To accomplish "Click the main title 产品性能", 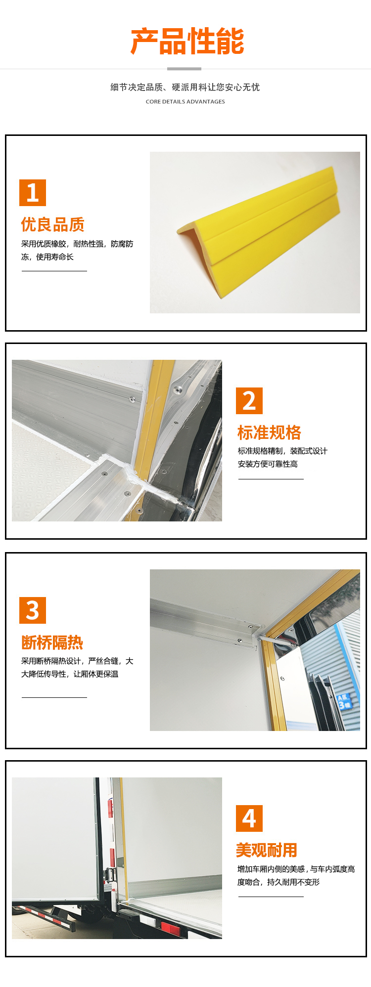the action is [x=187, y=41].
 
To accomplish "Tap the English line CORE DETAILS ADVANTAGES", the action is [x=185, y=102].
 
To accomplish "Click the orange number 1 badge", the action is [x=33, y=193].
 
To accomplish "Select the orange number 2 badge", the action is [x=249, y=401].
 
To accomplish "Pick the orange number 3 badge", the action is [x=33, y=610].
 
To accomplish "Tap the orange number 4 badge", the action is [x=249, y=818].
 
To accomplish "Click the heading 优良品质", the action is [x=53, y=224].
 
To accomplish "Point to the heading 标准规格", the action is [x=270, y=432].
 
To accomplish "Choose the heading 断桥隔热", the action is [x=52, y=642].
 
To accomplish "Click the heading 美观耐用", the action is [x=267, y=850].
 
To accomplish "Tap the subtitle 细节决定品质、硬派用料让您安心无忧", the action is [x=185, y=87].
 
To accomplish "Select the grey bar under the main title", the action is [x=185, y=69].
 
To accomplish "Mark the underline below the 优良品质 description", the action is [x=54, y=271].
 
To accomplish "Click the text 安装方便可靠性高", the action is [x=268, y=464].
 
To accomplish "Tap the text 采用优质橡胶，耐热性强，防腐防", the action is [x=77, y=244].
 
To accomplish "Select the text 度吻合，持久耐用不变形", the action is [x=278, y=882].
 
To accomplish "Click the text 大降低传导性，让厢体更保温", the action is [x=70, y=674].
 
